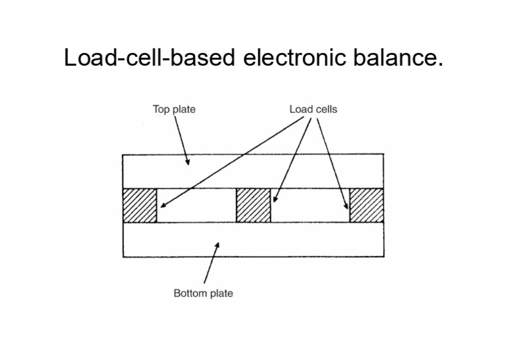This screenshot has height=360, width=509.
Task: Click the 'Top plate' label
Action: [174, 109]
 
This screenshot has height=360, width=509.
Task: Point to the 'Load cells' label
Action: [313, 109]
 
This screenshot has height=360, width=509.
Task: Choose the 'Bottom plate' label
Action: [203, 293]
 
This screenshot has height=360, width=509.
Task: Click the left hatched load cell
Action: [139, 206]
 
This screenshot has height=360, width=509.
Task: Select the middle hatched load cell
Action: [253, 206]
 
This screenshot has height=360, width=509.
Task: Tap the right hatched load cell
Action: [366, 206]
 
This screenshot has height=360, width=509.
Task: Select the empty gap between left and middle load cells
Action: [196, 206]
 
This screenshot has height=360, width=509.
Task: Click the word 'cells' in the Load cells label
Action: [324, 109]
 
